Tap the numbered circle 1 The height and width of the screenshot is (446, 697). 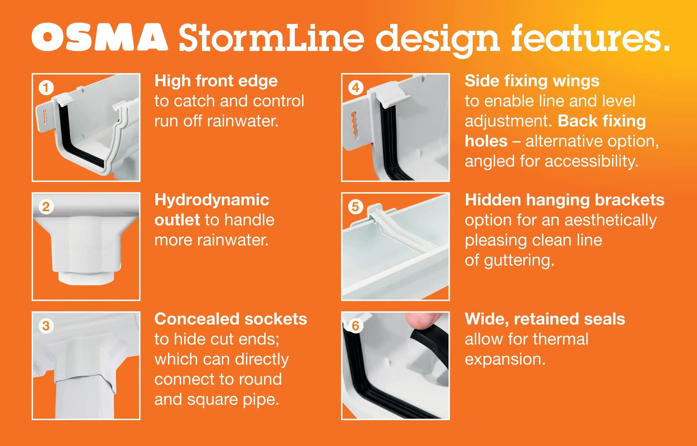coord(46,88)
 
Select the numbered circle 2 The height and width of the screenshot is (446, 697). coord(46,207)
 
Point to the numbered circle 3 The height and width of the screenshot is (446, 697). coord(46,326)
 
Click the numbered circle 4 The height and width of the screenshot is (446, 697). coord(356,88)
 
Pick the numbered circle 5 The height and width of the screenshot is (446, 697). coord(356,207)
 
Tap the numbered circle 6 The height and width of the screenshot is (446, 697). coord(356,326)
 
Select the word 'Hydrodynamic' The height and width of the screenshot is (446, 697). coord(212,200)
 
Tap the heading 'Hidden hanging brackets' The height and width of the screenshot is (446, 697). coord(565,200)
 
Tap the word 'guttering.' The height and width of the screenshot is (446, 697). coord(519,261)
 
